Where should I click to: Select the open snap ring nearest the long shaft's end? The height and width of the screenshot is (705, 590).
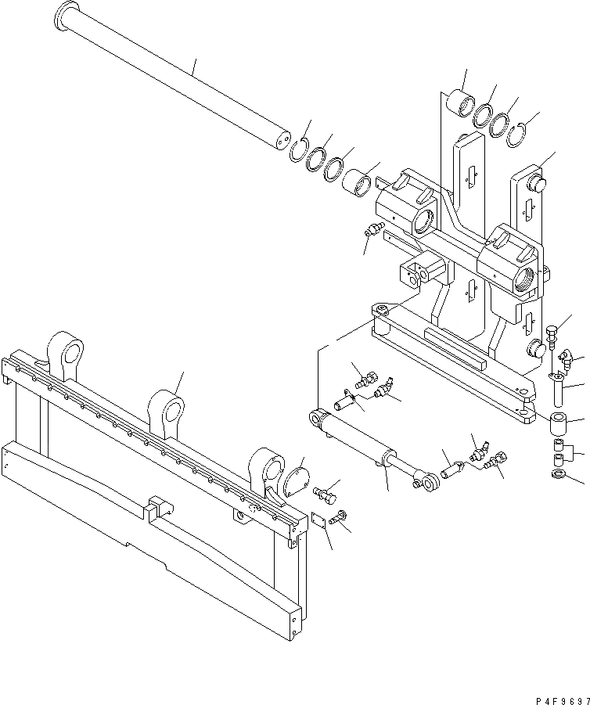pyautogui.click(x=297, y=149)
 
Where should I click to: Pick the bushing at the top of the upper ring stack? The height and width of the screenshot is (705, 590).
pyautogui.click(x=460, y=104)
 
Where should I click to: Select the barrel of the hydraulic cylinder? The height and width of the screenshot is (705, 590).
pyautogui.click(x=356, y=442)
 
